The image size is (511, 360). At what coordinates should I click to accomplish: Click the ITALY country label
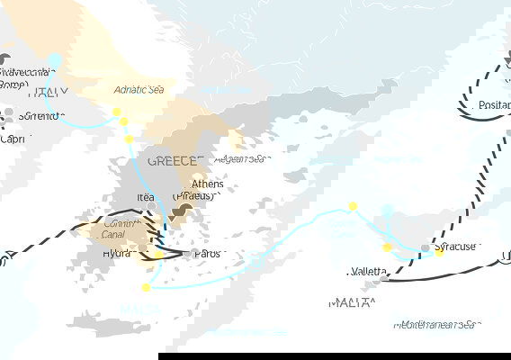(48, 92)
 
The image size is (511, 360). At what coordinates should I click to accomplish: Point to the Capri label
(13, 139)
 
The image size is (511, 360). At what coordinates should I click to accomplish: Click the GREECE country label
(173, 160)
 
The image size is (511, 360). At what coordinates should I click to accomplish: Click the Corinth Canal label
(120, 229)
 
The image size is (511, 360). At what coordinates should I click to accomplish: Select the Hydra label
(113, 254)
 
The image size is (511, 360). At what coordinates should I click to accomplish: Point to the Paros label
(205, 254)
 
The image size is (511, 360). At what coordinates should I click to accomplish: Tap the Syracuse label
(479, 246)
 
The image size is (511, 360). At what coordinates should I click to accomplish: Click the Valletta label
(370, 272)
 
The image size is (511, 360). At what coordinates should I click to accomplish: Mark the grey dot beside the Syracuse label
(426, 247)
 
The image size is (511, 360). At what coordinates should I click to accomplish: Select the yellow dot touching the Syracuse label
(440, 253)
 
